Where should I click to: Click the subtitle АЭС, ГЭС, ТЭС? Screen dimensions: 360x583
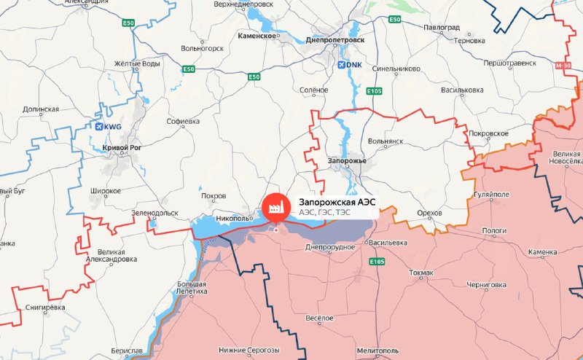coord(324,212)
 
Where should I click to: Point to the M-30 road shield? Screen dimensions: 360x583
coord(563,66)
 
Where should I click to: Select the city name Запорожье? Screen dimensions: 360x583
coord(347,160)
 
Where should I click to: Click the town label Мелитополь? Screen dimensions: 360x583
coord(378,351)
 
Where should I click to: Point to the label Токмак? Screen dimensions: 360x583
coord(420,273)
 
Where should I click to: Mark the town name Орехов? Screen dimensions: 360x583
coord(429,213)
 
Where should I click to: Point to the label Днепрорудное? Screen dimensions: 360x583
coord(329,247)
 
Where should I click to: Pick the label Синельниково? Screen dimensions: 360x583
coord(396,70)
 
